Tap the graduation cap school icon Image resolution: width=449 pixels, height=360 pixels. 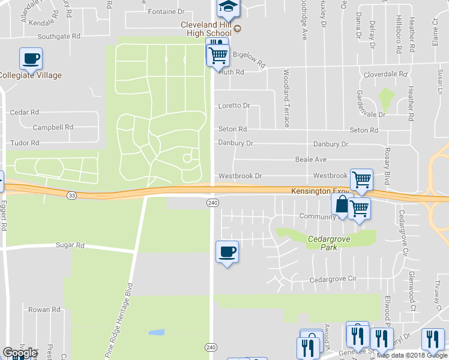pos(228,7)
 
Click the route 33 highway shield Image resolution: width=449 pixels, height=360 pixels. pos(72,195)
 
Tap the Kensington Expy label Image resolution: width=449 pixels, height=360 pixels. pos(320,191)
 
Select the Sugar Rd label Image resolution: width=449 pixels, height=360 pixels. pos(71,245)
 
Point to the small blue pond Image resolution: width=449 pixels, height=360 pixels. pos(156,332)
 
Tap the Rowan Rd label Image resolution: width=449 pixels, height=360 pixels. pos(44,310)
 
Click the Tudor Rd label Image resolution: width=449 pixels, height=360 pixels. pos(25,143)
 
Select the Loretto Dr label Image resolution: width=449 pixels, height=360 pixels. pos(234,106)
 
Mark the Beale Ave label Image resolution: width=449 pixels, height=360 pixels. pos(311,160)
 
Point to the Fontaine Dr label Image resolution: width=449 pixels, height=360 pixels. pos(166,11)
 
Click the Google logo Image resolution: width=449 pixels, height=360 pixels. pos(20,353)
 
